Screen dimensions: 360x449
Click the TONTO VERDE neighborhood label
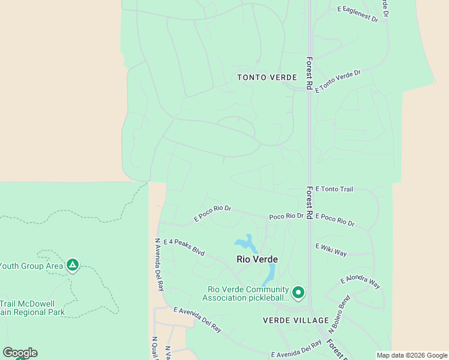point(267,78)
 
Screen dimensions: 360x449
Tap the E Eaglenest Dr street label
point(358,14)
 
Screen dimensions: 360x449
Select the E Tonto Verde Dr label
point(340,80)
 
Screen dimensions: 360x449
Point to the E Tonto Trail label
point(334,189)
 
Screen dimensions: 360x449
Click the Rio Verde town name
point(257,259)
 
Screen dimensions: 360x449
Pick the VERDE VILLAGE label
point(295,320)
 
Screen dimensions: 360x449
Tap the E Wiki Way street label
point(331,250)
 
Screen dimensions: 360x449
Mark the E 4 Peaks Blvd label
point(184,247)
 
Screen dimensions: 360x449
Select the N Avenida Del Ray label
point(159,265)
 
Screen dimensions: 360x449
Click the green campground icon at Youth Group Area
point(73,265)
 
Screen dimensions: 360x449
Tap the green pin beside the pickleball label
point(298,292)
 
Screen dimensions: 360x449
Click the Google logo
point(20,353)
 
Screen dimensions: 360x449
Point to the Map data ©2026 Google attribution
point(412,355)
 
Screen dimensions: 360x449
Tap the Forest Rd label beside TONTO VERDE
point(309,73)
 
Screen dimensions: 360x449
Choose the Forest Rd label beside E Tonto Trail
point(309,202)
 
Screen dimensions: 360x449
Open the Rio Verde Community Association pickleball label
point(246,293)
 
